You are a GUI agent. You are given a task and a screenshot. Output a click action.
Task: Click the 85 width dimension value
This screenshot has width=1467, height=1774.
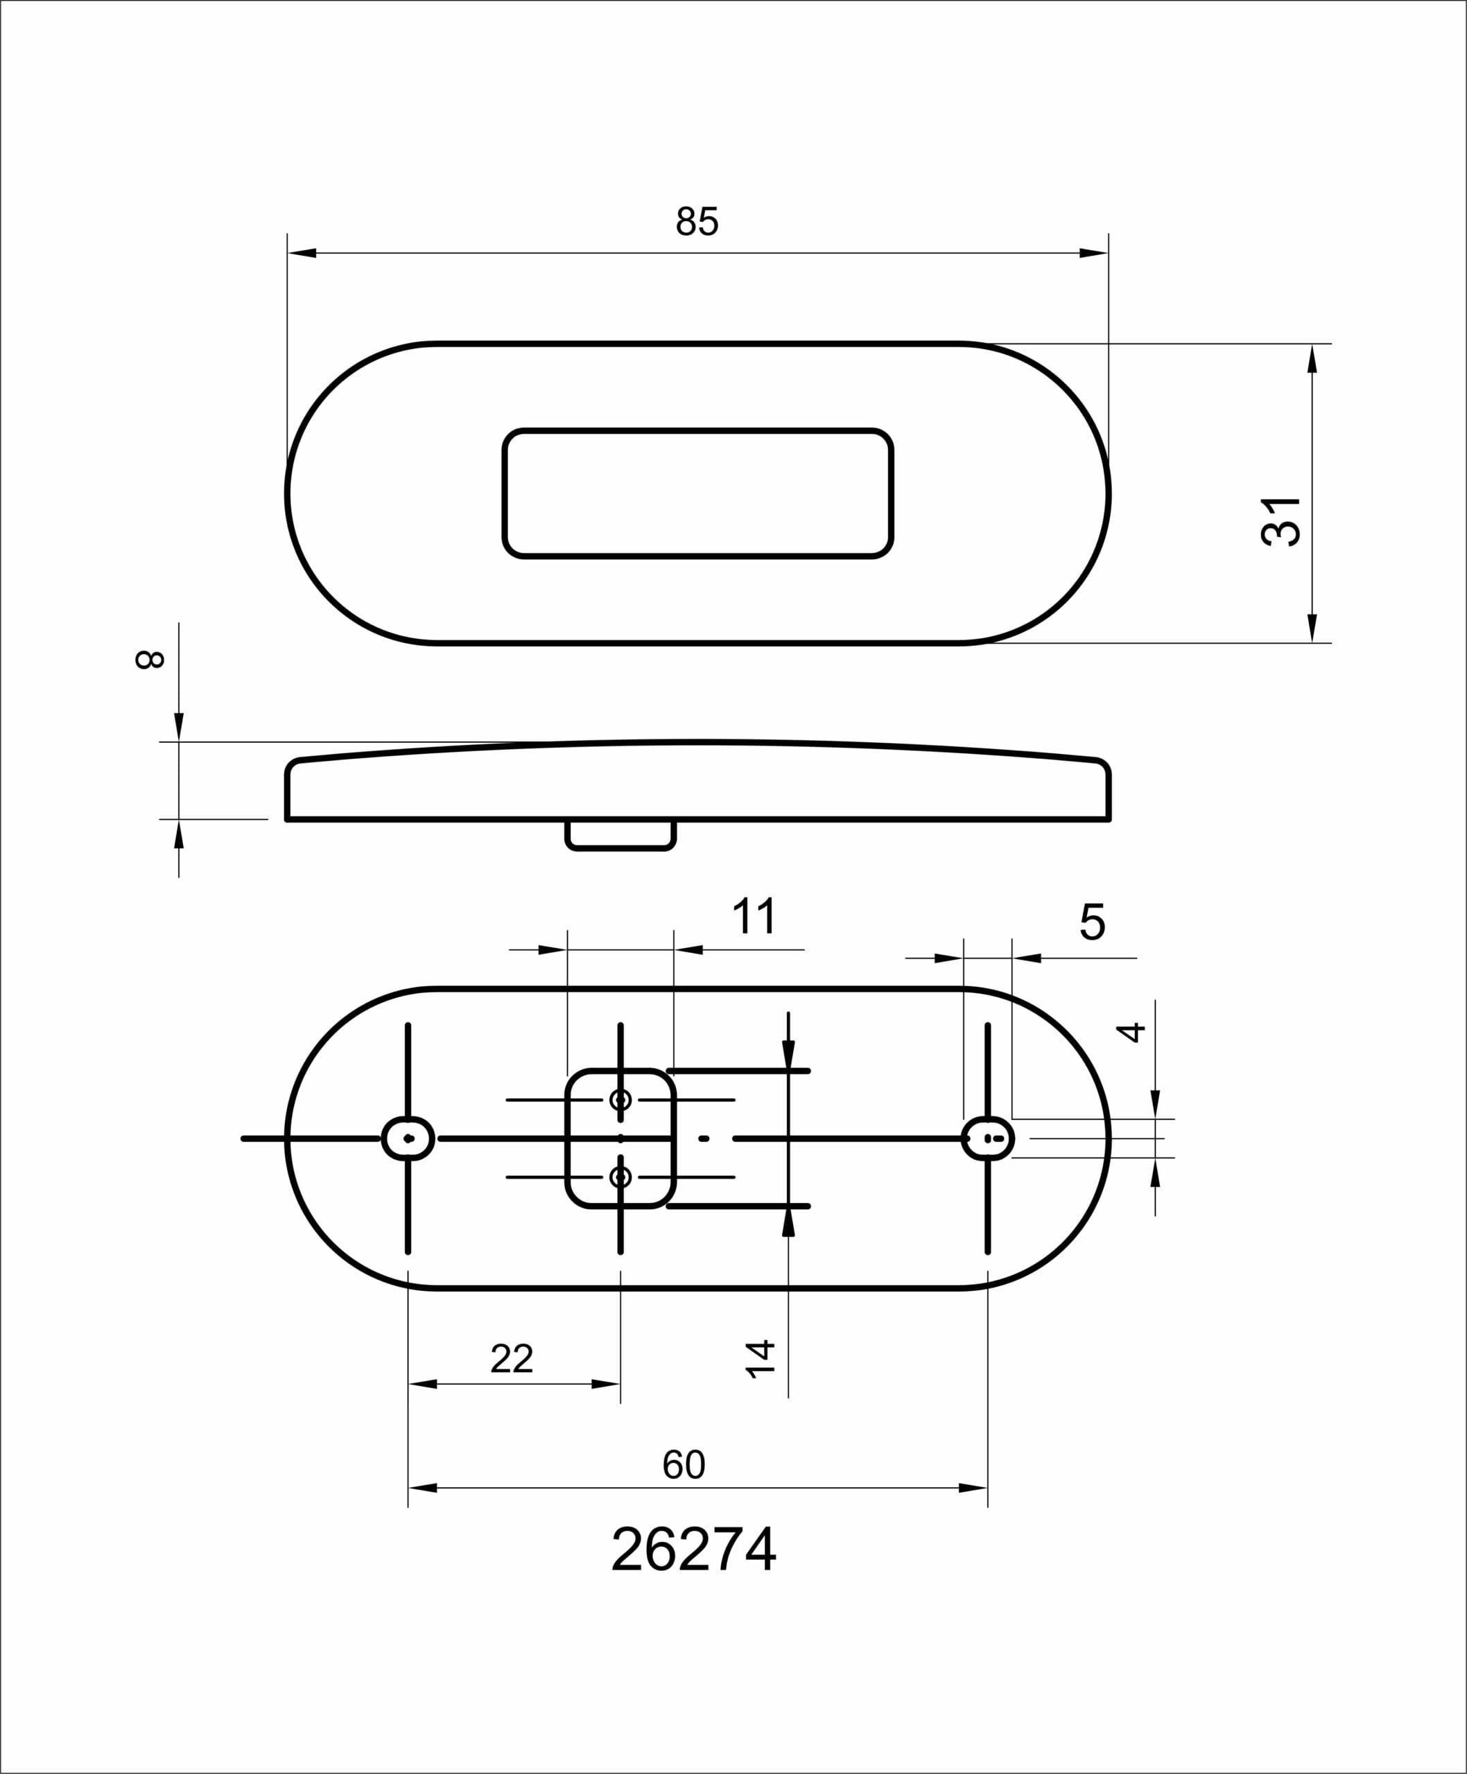(x=697, y=221)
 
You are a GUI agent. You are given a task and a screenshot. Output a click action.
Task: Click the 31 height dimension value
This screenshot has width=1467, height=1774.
(x=1281, y=522)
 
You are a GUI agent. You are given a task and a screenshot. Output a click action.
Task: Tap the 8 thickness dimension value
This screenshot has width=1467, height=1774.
(x=150, y=660)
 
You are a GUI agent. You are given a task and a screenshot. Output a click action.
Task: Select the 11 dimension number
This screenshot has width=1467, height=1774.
(x=754, y=917)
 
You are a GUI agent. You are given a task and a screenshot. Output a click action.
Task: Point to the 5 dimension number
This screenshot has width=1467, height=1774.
(x=1092, y=922)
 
